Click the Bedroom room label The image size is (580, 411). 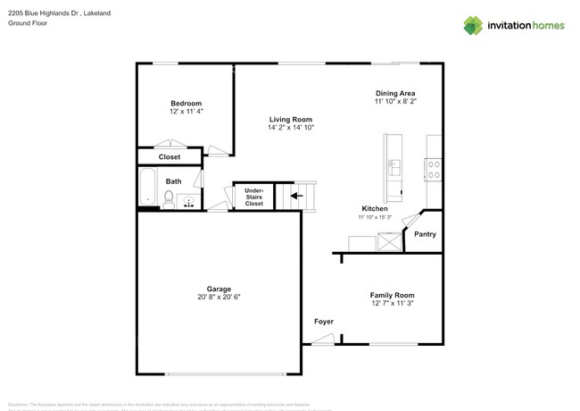point(186,103)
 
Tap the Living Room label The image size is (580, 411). point(291,119)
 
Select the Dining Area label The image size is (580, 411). point(394,93)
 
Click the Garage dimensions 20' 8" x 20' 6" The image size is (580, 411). point(219,298)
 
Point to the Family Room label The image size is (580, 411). point(392,295)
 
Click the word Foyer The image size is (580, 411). point(323,321)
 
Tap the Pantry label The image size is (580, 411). point(426,234)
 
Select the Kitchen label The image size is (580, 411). point(373,208)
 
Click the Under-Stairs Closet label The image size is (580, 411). point(254,197)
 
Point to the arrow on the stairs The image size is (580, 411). point(296,194)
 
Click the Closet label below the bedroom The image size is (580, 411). point(170,157)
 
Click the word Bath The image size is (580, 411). point(173,181)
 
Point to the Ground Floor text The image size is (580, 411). point(28,24)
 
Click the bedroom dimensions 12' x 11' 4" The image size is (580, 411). point(186,112)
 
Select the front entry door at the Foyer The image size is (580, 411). point(322,340)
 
